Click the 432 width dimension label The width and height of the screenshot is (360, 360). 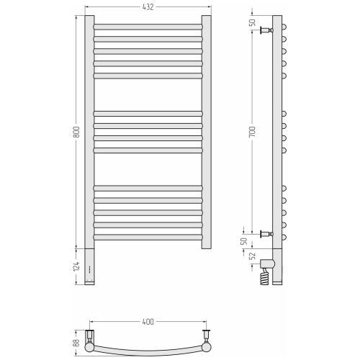[x=148, y=7]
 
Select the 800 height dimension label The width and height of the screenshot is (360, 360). [x=76, y=132]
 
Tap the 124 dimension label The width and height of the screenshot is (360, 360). [x=76, y=266]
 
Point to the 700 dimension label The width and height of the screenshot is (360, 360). [x=252, y=132]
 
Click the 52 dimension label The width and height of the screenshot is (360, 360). [x=253, y=256]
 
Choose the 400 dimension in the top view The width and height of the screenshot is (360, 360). [x=148, y=322]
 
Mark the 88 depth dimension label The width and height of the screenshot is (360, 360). [x=76, y=343]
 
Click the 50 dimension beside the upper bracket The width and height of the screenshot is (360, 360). [x=252, y=22]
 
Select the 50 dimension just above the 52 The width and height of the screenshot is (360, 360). [x=244, y=241]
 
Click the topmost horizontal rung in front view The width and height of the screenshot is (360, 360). [x=148, y=27]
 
